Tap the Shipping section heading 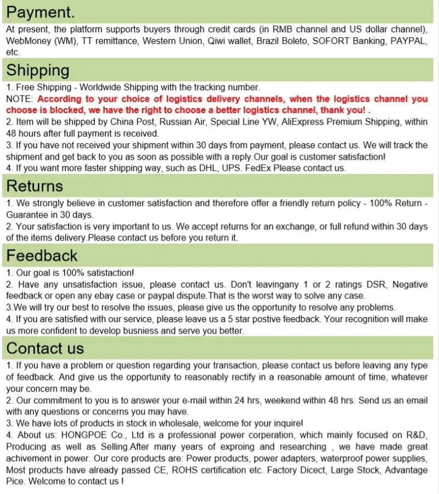38,70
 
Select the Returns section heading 35,186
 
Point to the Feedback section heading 42,255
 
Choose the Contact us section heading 45,348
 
